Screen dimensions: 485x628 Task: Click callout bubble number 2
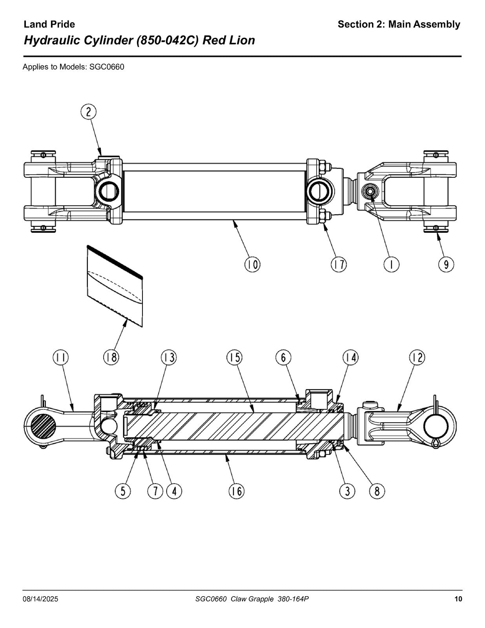88,112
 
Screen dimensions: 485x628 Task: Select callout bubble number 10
252,264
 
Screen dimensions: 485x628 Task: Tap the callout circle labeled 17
339,264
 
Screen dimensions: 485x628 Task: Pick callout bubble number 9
446,264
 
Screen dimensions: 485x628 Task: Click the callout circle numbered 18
111,358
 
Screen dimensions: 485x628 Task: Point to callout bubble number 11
60,358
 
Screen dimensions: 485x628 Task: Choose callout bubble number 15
234,358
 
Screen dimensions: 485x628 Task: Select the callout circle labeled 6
283,358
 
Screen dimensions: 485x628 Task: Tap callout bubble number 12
417,358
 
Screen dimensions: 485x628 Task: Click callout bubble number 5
123,491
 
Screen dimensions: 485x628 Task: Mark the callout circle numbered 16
237,491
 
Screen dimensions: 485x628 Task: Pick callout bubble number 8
377,491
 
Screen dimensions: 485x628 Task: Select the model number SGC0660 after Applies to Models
107,67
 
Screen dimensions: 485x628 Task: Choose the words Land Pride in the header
49,24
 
